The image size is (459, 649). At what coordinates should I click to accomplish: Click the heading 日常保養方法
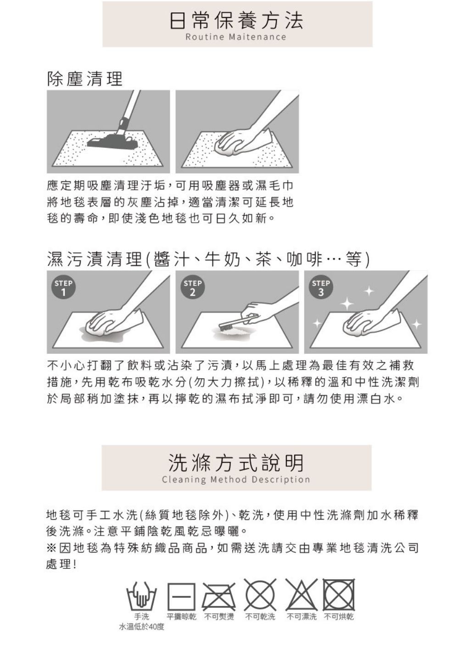click(x=236, y=20)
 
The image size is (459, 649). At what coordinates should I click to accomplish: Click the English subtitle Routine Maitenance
click(x=236, y=37)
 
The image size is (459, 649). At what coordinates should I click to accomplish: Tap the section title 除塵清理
click(x=84, y=78)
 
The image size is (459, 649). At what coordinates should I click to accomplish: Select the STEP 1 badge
click(x=63, y=288)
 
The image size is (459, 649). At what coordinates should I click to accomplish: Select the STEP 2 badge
click(x=192, y=288)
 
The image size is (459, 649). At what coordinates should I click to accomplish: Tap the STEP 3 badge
click(x=321, y=288)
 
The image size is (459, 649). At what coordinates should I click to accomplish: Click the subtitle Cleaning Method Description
click(x=236, y=480)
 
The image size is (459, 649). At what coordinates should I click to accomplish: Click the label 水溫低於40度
click(x=142, y=627)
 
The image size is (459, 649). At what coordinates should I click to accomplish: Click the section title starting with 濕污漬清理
click(x=208, y=259)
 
